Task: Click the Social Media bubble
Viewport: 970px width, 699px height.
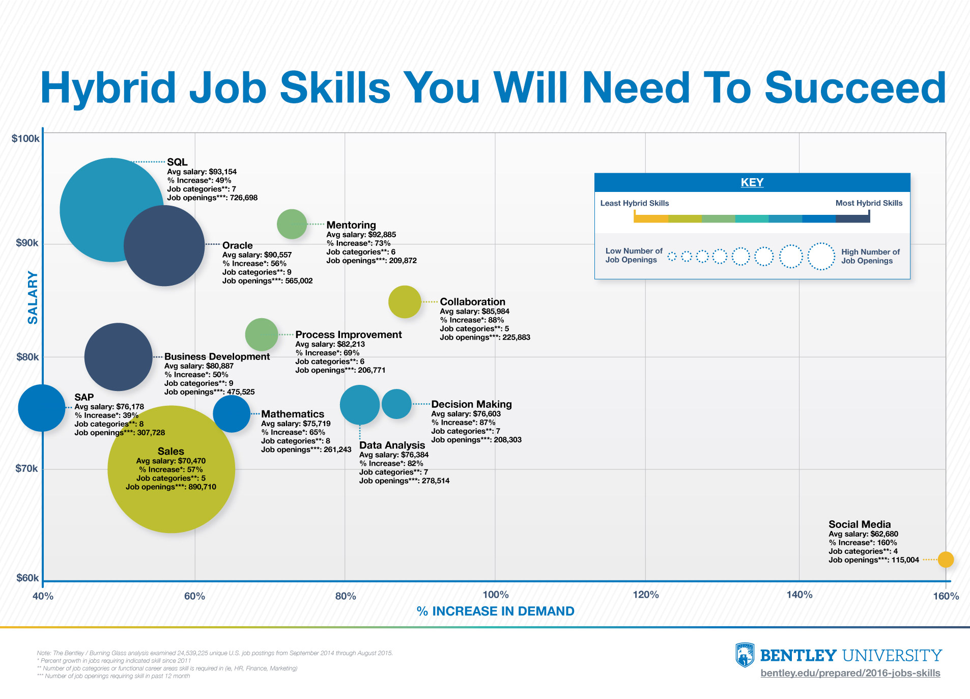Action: pyautogui.click(x=946, y=560)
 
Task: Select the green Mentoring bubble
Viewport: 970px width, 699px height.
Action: pyautogui.click(x=292, y=224)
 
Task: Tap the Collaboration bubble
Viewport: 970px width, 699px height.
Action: pyautogui.click(x=405, y=302)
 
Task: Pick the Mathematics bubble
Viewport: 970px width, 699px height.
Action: pyautogui.click(x=232, y=414)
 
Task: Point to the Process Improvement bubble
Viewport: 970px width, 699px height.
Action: pyautogui.click(x=262, y=334)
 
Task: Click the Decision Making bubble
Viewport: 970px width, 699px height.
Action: pyautogui.click(x=396, y=404)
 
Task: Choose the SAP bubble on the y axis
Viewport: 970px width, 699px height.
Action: pyautogui.click(x=42, y=408)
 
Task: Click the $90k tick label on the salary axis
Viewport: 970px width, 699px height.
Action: pyautogui.click(x=27, y=243)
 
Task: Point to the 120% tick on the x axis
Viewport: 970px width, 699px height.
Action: pyautogui.click(x=646, y=595)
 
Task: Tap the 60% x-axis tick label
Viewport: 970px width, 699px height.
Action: pyautogui.click(x=194, y=596)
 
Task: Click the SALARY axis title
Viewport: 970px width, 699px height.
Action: pyautogui.click(x=33, y=298)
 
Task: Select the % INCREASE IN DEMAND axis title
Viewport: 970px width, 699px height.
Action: pyautogui.click(x=495, y=611)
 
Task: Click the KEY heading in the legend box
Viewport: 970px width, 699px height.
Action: pyautogui.click(x=752, y=182)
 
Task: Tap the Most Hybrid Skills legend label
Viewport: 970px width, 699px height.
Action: pyautogui.click(x=869, y=203)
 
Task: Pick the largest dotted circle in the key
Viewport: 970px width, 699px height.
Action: pyautogui.click(x=821, y=256)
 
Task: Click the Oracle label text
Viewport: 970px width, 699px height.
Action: pyautogui.click(x=238, y=245)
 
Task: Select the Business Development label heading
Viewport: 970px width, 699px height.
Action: pyautogui.click(x=217, y=356)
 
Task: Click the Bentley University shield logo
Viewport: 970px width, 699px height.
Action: pyautogui.click(x=745, y=655)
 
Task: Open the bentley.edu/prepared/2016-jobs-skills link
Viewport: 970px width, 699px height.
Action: pyautogui.click(x=850, y=673)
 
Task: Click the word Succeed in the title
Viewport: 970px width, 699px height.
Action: pyautogui.click(x=855, y=88)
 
